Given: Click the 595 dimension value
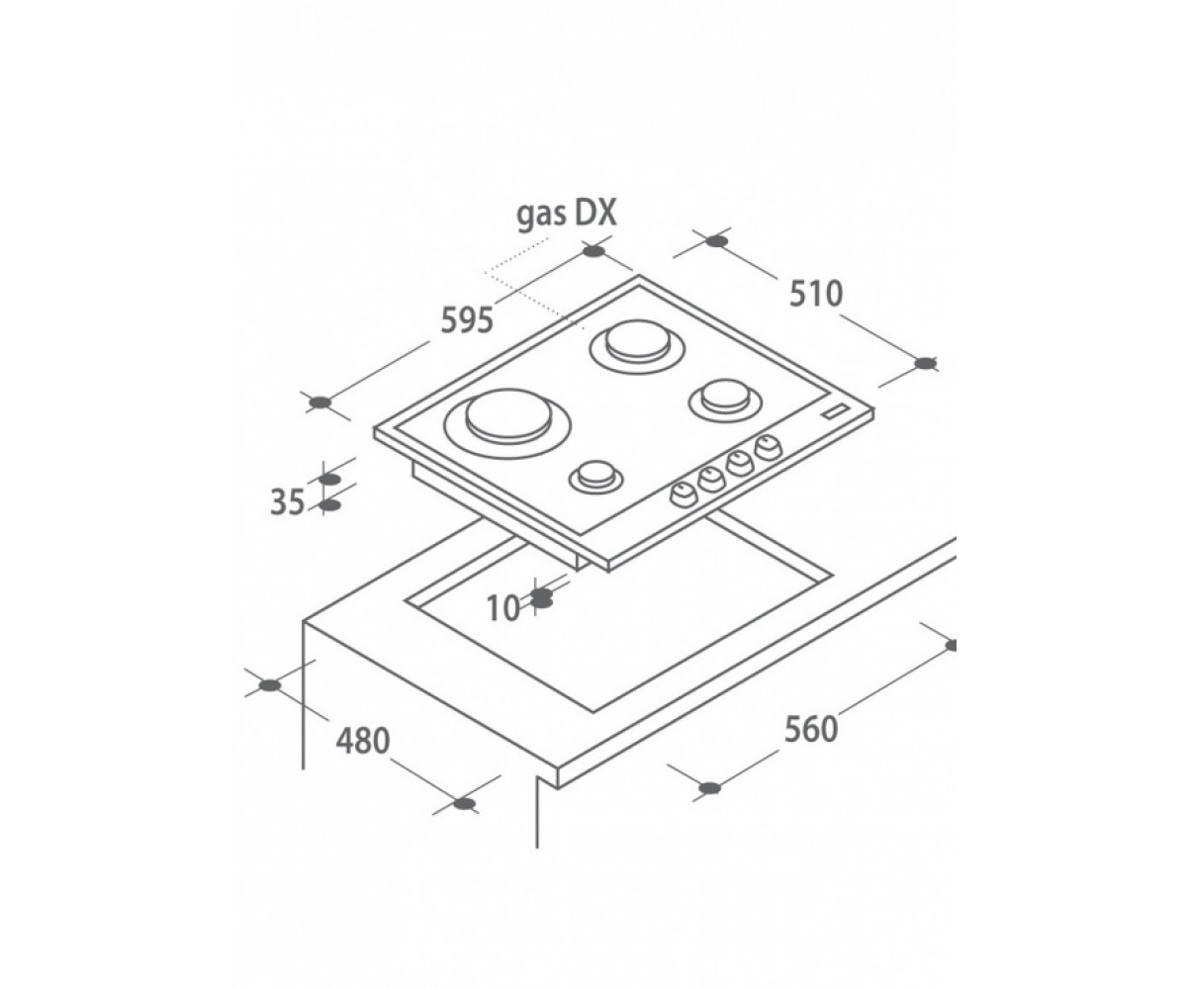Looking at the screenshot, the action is tap(467, 321).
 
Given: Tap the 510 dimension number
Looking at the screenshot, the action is tap(815, 294).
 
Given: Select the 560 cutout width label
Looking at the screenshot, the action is tap(811, 729).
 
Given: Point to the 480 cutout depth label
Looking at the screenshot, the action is tap(363, 741).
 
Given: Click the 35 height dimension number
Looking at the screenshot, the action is tap(287, 502).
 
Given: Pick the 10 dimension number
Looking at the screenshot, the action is tap(503, 609).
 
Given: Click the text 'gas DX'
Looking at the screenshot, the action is tap(566, 216).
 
